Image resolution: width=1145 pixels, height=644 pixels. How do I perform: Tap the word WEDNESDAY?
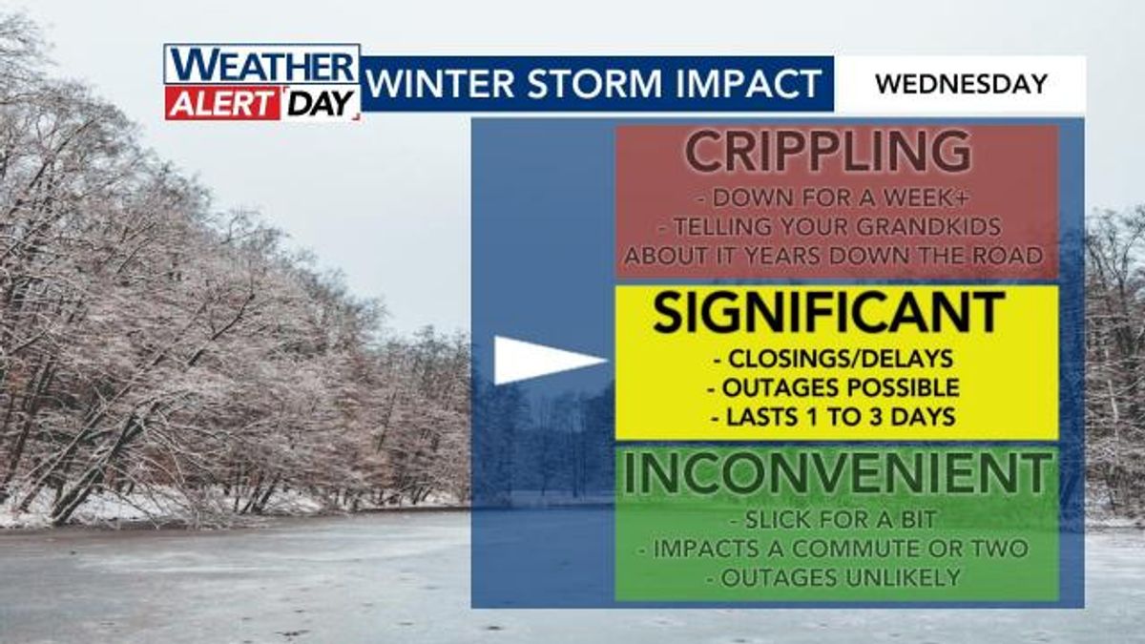(x=962, y=84)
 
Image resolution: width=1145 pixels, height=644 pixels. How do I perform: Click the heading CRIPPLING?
(x=828, y=152)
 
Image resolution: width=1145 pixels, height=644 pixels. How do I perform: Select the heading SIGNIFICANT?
(x=828, y=312)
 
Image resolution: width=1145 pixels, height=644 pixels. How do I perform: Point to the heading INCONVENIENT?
(x=836, y=473)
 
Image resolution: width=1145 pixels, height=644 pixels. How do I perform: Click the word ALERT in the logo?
(x=221, y=104)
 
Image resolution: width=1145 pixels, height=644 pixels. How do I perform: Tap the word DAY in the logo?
(x=321, y=104)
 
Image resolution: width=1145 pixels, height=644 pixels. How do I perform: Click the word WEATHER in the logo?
(x=261, y=65)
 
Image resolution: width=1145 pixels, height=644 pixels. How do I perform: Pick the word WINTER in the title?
(x=441, y=83)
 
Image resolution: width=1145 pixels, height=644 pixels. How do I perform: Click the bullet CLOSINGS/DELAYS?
(x=833, y=359)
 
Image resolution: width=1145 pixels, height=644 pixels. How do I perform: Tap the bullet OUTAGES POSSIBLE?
(x=833, y=388)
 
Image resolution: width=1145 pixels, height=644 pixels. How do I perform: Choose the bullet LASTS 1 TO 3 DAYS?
(x=833, y=417)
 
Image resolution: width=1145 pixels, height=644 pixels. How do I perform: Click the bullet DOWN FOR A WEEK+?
(x=833, y=198)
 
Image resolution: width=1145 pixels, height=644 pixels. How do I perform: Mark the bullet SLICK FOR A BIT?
(x=833, y=520)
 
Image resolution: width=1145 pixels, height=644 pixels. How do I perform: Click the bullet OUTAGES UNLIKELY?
(x=833, y=578)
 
